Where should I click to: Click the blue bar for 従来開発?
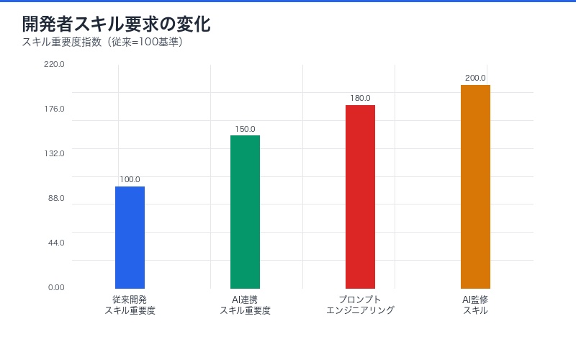tap(130, 238)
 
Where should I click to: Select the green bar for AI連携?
tap(245, 212)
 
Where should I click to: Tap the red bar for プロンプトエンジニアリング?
tap(360, 197)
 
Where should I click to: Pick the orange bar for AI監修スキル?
tap(475, 187)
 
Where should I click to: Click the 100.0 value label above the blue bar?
tap(130, 180)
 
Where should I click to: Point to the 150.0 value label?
tap(245, 129)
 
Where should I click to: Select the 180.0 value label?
tap(360, 99)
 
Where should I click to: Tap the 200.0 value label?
tap(475, 78)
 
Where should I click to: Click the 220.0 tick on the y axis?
tap(55, 64)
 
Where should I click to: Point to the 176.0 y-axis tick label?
tap(55, 109)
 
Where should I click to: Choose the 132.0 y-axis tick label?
tap(55, 153)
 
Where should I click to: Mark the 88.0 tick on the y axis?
tap(56, 198)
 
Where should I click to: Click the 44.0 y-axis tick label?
tap(56, 243)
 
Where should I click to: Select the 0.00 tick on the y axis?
tap(56, 287)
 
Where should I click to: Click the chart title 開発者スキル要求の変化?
tap(116, 24)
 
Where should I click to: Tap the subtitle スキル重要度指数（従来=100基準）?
tap(102, 42)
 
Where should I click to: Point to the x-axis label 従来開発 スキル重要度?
tap(130, 305)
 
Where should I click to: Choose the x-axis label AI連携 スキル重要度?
tap(245, 305)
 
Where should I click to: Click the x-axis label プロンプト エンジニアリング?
tap(360, 305)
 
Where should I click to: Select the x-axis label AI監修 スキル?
tap(475, 305)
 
